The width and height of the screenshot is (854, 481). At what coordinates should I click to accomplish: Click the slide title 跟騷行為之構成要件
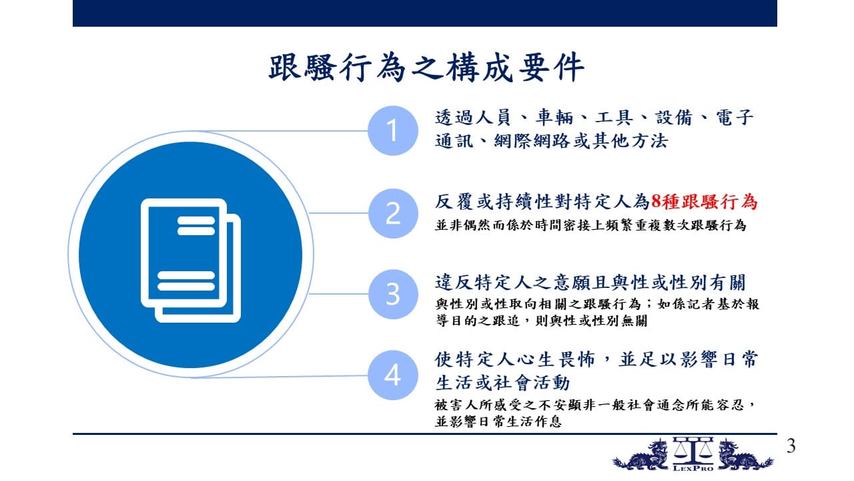click(426, 67)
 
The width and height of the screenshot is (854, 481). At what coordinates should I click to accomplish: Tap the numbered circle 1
click(393, 130)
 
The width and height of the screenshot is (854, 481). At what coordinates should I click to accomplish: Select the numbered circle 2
click(393, 213)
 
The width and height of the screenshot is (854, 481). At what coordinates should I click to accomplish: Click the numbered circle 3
click(393, 294)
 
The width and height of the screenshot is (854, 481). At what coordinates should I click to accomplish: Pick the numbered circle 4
click(393, 375)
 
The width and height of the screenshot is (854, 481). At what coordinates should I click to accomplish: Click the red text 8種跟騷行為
click(704, 202)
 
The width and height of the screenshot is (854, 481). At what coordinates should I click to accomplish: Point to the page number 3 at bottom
click(791, 446)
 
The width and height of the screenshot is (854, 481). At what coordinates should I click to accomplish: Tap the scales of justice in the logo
click(693, 450)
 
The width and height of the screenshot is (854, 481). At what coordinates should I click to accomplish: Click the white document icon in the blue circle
click(191, 261)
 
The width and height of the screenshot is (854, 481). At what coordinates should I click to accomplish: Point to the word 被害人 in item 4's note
click(456, 405)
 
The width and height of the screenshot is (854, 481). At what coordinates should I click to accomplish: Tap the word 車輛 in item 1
click(554, 117)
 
